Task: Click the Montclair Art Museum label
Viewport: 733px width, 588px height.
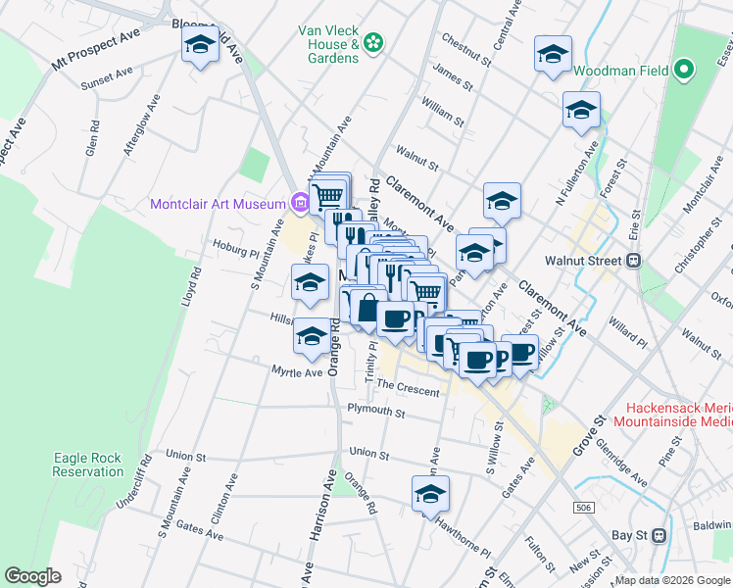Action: click(218, 205)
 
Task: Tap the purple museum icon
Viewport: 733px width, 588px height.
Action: click(301, 204)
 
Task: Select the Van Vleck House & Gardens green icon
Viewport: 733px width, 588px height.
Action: click(372, 42)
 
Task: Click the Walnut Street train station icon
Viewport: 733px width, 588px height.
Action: click(633, 261)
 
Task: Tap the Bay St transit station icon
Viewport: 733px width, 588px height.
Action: click(659, 536)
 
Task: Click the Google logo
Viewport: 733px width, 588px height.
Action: click(32, 575)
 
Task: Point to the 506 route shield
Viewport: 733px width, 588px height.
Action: click(585, 508)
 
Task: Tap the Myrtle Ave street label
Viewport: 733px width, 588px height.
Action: click(297, 372)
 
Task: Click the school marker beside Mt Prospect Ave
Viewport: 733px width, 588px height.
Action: click(201, 47)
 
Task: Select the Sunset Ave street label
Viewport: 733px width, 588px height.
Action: click(107, 73)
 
